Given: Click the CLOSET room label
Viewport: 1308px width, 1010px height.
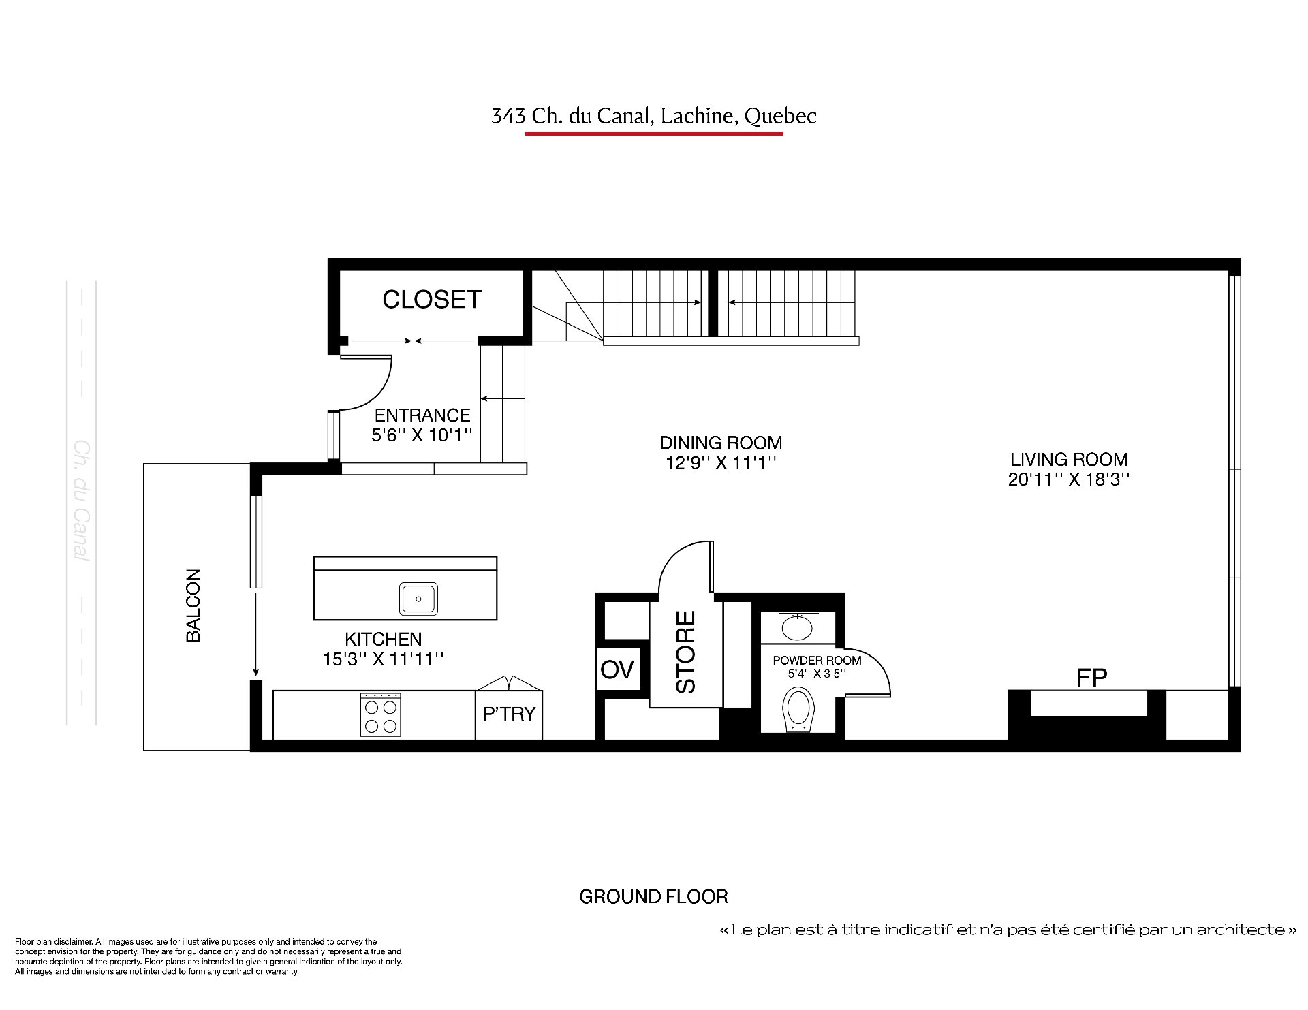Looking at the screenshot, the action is pos(432,300).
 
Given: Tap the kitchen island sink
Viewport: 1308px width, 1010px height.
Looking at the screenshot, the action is pos(418,599).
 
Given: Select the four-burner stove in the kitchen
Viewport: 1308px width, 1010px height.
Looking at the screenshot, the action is pos(380,714).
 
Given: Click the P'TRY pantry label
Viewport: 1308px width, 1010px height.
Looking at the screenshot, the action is pos(509,714).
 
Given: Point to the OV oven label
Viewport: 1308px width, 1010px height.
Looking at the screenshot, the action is pos(617,669).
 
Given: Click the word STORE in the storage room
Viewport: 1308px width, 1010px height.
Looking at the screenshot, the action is pos(685,652).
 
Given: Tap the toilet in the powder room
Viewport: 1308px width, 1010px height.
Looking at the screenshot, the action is pos(799,709).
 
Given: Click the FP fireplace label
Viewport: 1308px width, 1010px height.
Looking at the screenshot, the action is pos(1091,677).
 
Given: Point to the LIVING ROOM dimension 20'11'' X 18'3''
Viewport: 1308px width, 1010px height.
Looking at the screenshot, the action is pos(1069,479).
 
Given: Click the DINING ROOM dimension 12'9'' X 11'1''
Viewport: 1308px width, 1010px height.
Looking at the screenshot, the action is pos(721,463).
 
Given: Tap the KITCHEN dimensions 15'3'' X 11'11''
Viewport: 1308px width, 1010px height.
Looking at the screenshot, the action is pos(384,659).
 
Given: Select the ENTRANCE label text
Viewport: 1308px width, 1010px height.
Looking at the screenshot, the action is pos(422,415).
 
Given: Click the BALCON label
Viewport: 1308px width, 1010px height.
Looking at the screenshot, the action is pos(193,605).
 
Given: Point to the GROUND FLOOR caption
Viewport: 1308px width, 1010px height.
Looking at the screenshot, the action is pos(653,897).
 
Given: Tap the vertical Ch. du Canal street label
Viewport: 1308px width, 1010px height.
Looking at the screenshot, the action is pos(82,501).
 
